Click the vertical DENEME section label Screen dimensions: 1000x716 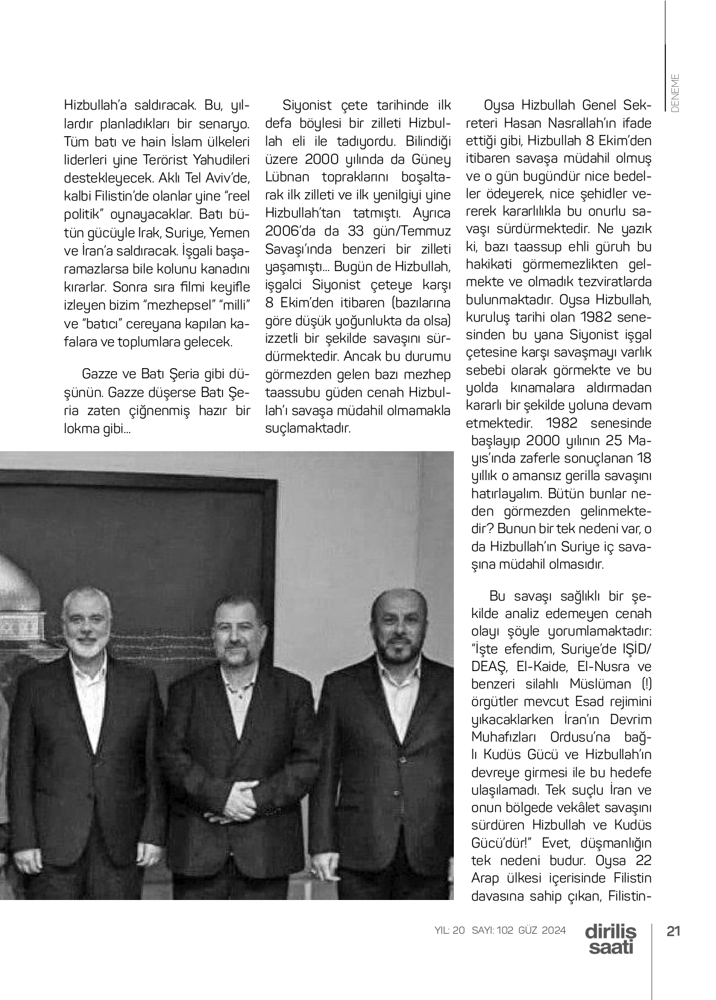(x=674, y=92)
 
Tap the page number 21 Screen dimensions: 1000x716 (x=673, y=931)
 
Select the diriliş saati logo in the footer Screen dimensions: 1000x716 (x=610, y=939)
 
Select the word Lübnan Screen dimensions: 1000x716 (x=287, y=177)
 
